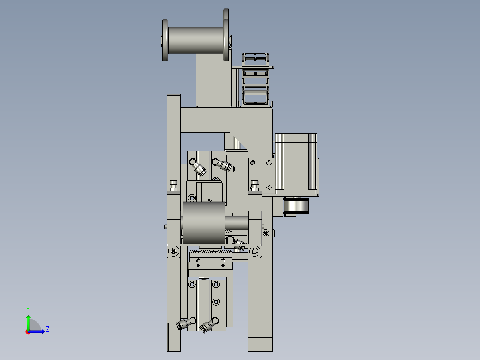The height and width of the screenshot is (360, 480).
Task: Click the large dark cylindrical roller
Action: (203, 222)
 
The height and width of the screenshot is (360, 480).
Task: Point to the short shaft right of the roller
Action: (236, 222)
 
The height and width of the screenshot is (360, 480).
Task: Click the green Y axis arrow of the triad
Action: (28, 319)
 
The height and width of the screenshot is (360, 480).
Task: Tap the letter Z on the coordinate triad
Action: (47, 329)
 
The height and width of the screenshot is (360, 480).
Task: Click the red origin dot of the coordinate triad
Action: (28, 331)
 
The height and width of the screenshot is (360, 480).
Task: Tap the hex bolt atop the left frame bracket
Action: (174, 184)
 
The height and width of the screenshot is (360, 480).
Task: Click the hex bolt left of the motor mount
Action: (255, 184)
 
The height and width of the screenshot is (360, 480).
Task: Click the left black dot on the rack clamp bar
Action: (198, 266)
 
